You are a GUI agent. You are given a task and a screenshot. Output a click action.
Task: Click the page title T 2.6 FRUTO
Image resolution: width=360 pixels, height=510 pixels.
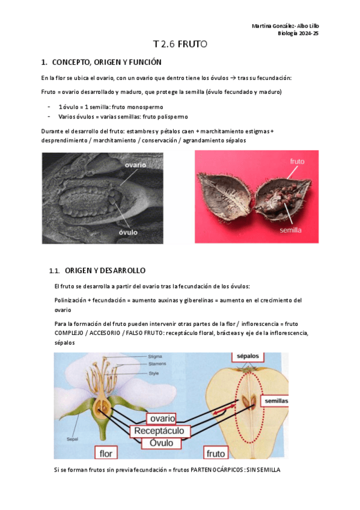point(180,45)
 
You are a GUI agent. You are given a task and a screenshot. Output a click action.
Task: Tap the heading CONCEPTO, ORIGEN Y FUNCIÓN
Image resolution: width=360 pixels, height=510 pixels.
point(106,63)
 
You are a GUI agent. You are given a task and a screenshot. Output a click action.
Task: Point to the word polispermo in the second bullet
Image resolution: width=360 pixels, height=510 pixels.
point(171,116)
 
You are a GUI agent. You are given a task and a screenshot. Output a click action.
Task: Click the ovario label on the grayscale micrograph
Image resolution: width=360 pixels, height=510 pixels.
point(135,164)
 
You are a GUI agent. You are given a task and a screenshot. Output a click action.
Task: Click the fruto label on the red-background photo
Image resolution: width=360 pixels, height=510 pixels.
point(297,161)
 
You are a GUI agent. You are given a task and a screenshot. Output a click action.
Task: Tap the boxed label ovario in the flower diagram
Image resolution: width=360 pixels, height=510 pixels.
point(162,419)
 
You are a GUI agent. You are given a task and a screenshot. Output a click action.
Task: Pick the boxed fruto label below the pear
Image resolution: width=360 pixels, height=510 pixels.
point(216,452)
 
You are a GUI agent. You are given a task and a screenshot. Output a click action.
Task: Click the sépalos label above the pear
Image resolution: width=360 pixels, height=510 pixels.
point(248,356)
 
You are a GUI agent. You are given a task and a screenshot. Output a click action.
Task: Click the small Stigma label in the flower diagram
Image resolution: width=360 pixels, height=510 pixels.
point(155,357)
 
